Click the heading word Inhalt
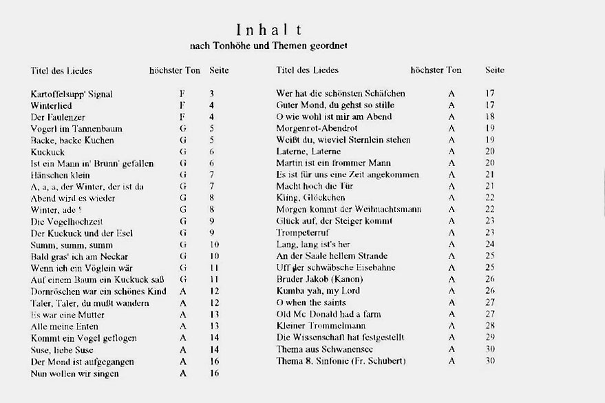pos(269,30)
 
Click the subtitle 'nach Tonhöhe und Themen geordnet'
pos(268,45)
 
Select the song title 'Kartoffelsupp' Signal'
pos(72,94)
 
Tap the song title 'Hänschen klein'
pos(61,175)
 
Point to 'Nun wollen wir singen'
pos(75,373)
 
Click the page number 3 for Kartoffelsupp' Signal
pos(212,94)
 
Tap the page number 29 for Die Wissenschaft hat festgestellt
pos(489,338)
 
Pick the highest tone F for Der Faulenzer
pos(182,116)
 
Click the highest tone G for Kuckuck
pos(183,152)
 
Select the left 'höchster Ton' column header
pos(175,70)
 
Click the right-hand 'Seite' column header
pos(494,70)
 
